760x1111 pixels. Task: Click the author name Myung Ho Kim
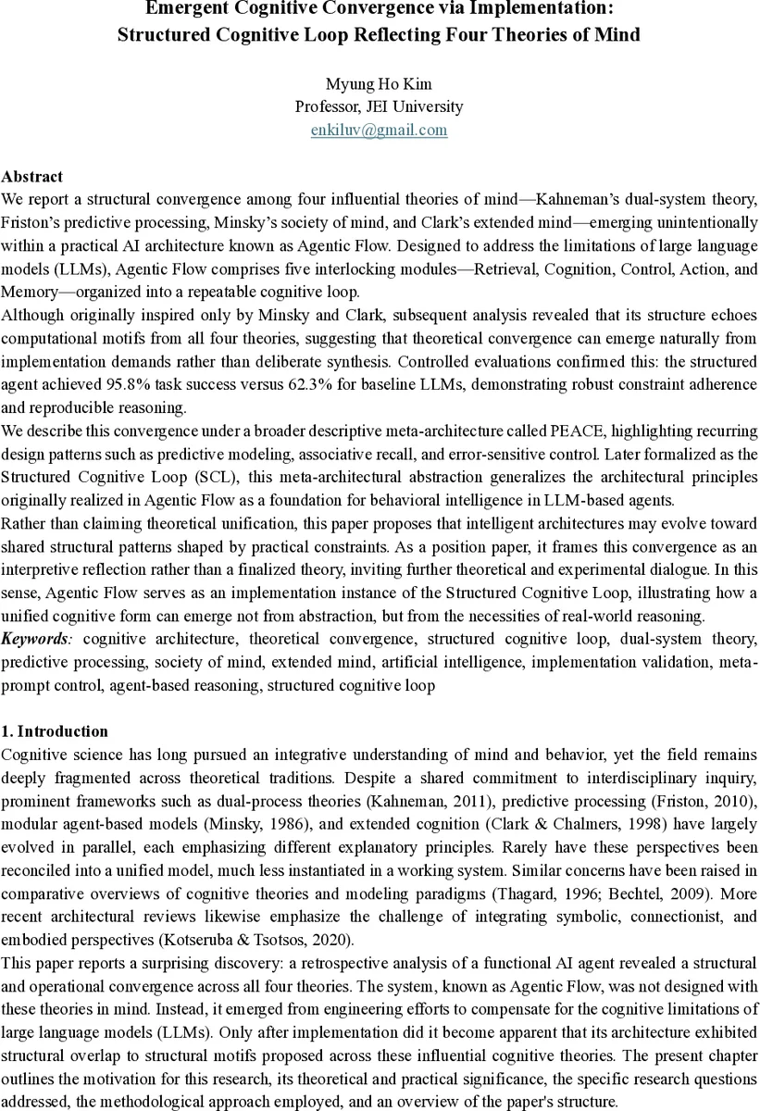tap(379, 83)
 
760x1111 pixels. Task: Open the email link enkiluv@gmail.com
tap(379, 130)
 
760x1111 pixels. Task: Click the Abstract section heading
tap(32, 176)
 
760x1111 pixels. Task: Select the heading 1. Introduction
tap(55, 731)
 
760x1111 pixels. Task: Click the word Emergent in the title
tap(191, 10)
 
